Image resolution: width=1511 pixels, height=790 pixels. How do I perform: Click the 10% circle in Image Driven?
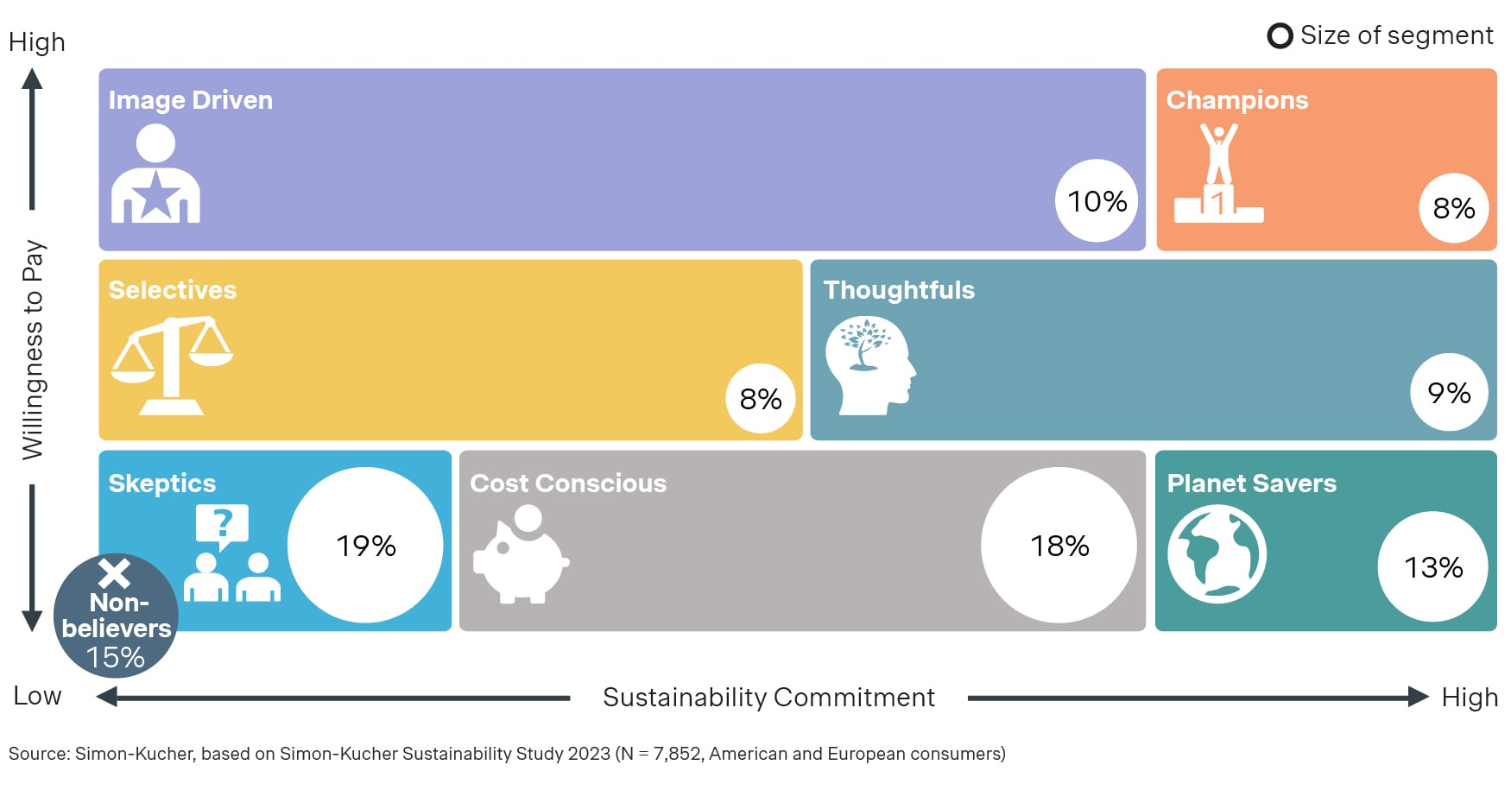click(1097, 201)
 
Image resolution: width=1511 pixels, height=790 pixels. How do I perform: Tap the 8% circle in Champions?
click(1453, 208)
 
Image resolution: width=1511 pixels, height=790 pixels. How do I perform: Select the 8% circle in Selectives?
click(760, 399)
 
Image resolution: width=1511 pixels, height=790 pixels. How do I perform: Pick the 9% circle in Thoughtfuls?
click(1448, 393)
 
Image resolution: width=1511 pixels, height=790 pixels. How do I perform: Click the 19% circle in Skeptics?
click(365, 546)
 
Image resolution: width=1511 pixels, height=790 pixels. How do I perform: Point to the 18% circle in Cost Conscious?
click(1059, 546)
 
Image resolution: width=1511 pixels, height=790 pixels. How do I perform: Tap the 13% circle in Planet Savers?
click(1432, 567)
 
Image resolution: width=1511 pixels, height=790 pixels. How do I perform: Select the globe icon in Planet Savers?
click(1217, 554)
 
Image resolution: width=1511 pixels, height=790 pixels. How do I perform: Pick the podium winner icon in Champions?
click(1218, 174)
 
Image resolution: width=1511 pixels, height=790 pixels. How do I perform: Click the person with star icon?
click(155, 174)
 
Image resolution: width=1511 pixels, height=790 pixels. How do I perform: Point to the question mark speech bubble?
click(223, 525)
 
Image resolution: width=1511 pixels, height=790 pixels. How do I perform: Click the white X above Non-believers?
click(114, 573)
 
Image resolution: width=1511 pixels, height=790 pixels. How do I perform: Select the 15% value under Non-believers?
click(115, 658)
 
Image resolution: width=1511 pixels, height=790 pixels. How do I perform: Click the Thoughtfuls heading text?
click(898, 290)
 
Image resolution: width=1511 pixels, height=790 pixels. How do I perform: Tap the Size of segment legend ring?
click(1280, 36)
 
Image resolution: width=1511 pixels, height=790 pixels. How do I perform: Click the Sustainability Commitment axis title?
click(768, 697)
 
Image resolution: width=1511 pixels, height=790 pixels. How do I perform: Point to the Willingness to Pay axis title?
click(33, 350)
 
